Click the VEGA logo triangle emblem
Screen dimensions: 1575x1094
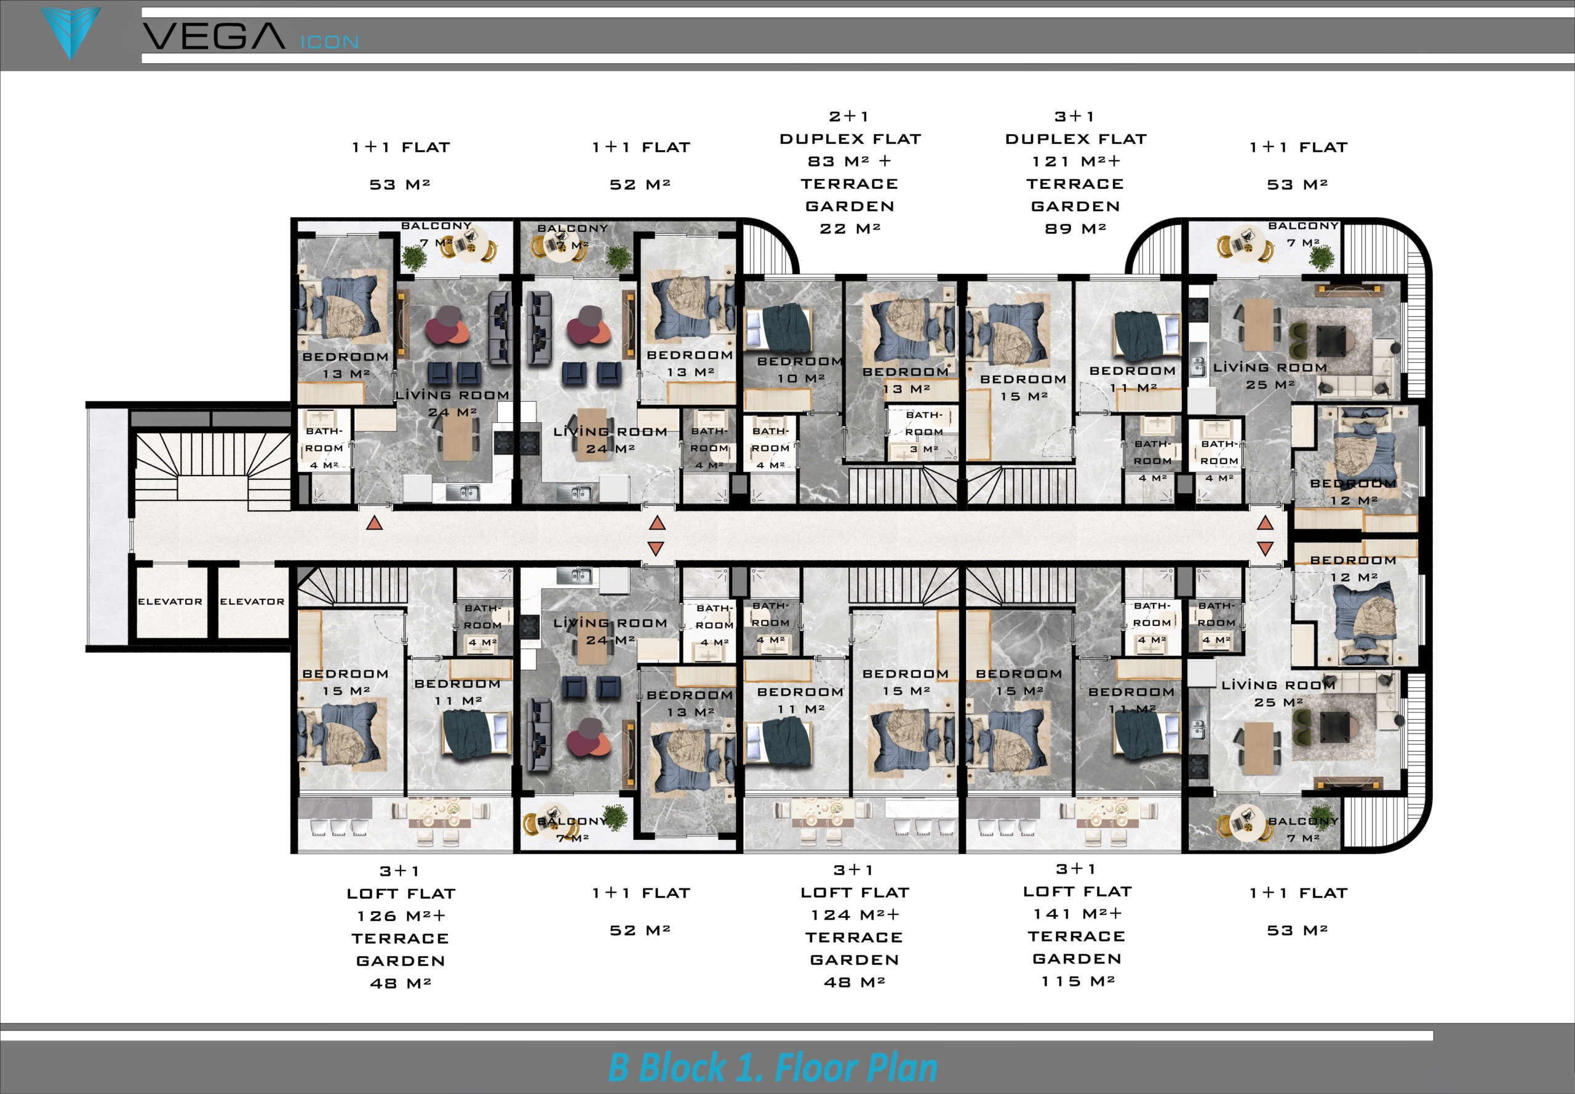pos(71,31)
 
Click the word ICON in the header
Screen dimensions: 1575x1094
pos(330,42)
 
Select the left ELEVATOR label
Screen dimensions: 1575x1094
pos(170,602)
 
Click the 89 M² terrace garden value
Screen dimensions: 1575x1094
pos(1075,228)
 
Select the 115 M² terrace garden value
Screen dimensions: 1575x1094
pos(1078,981)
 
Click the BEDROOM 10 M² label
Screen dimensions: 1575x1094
pos(800,369)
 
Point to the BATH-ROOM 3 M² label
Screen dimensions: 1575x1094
pos(924,432)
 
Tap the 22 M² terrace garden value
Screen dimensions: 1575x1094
pos(850,228)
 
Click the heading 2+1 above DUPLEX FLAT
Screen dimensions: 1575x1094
pos(849,116)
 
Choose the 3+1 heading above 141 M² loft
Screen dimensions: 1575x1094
pos(1076,869)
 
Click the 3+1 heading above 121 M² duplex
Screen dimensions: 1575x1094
pos(1075,116)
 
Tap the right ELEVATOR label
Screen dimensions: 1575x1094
pos(252,602)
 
